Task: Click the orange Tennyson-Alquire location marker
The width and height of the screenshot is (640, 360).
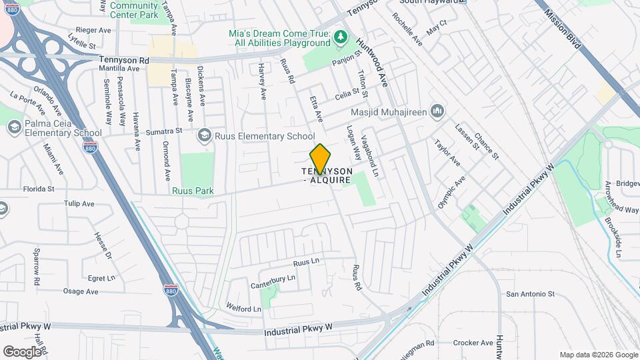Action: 320,158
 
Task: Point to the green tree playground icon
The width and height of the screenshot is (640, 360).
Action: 341,36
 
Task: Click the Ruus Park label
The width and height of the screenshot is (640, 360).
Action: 193,191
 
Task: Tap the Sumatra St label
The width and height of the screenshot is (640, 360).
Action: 165,132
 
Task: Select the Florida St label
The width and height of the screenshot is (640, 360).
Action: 38,189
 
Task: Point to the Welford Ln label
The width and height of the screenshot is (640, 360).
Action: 243,309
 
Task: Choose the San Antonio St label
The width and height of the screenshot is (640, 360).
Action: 530,293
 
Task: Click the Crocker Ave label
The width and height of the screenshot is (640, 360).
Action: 473,343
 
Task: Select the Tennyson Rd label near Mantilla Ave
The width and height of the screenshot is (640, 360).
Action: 124,59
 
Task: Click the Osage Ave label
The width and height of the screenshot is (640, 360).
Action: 81,291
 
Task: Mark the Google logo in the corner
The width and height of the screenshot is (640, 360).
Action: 22,351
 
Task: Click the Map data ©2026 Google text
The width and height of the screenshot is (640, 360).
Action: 598,355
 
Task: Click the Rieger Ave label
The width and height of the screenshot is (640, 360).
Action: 93,30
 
